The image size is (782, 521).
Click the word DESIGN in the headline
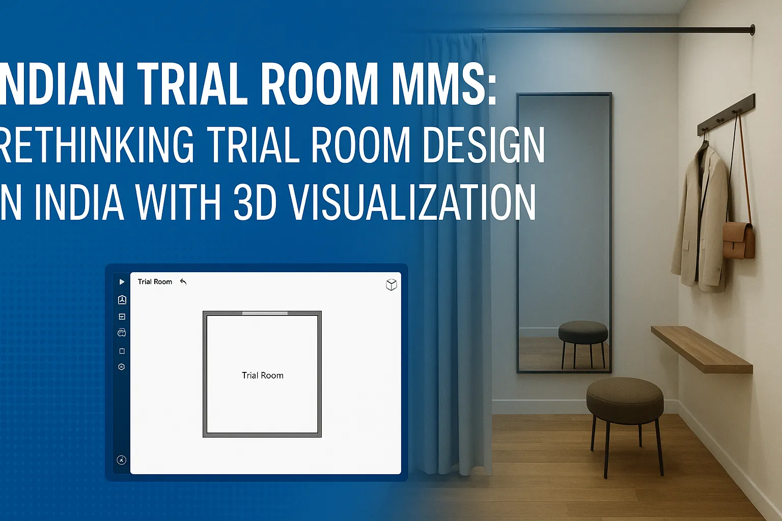[483, 145]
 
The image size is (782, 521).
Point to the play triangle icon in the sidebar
[122, 282]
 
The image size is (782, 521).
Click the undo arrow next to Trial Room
[183, 282]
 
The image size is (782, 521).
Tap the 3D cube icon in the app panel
[391, 284]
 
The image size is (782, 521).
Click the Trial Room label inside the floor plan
[262, 375]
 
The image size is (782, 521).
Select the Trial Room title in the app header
[155, 282]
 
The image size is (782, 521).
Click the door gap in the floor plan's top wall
[265, 313]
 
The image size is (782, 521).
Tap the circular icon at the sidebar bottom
[121, 460]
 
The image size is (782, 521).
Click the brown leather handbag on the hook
[739, 240]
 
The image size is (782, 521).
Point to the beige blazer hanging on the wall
[701, 219]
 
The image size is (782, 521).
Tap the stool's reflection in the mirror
[583, 336]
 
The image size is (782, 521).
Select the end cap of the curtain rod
[752, 30]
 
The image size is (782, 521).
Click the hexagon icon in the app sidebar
[122, 367]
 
